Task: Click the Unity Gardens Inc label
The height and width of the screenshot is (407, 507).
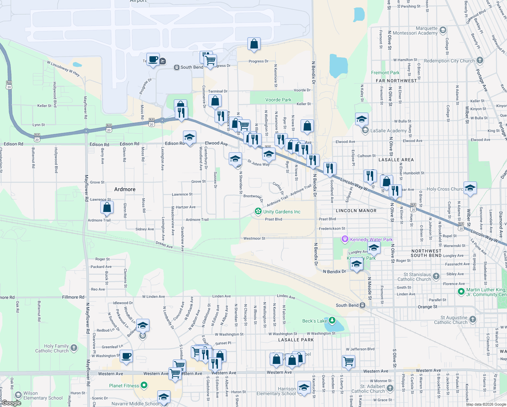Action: click(x=282, y=212)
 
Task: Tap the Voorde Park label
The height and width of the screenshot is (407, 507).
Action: click(x=278, y=100)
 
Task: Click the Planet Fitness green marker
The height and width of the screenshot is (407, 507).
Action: click(x=144, y=385)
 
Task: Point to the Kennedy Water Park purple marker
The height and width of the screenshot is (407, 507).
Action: click(x=345, y=239)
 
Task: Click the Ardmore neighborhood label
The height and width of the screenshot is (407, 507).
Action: click(x=125, y=189)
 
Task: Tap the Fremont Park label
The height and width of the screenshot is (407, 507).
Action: click(x=385, y=73)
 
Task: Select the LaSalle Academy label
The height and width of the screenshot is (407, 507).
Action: click(x=388, y=131)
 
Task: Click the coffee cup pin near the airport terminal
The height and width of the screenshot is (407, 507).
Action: click(x=153, y=59)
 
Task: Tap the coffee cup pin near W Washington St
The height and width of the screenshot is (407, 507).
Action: click(x=126, y=356)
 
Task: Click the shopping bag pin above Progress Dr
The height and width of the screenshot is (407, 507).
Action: click(x=254, y=44)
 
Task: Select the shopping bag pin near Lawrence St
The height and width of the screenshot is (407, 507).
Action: click(x=107, y=207)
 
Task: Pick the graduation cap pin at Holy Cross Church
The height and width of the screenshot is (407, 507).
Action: click(x=470, y=188)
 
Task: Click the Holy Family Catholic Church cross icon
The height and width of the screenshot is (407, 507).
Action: click(x=74, y=348)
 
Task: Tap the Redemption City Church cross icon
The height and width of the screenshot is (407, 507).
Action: click(x=480, y=60)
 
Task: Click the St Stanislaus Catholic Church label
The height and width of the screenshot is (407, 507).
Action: click(x=414, y=277)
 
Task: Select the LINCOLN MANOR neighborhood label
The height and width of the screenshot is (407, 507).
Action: click(x=356, y=211)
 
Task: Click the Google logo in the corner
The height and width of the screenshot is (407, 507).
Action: click(x=11, y=403)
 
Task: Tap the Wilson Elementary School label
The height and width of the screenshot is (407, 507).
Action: click(x=43, y=395)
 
